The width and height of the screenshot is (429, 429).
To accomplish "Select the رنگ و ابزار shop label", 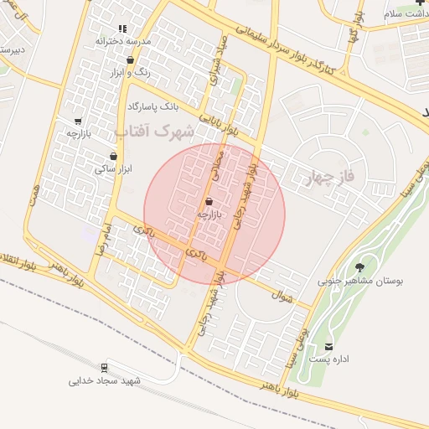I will (131, 73).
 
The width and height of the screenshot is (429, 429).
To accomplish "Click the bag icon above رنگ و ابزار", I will (130, 60).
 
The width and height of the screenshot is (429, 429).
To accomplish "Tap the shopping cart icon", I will (78, 121).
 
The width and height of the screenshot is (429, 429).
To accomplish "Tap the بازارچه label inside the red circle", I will (208, 214).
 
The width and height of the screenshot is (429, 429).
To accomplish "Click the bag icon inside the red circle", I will (208, 202).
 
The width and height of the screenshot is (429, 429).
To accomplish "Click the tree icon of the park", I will (360, 268).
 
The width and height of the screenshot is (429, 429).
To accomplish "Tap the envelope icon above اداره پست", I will (328, 346).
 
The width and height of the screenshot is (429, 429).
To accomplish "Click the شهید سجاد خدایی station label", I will (105, 380).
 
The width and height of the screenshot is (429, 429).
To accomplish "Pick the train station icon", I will (105, 367).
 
